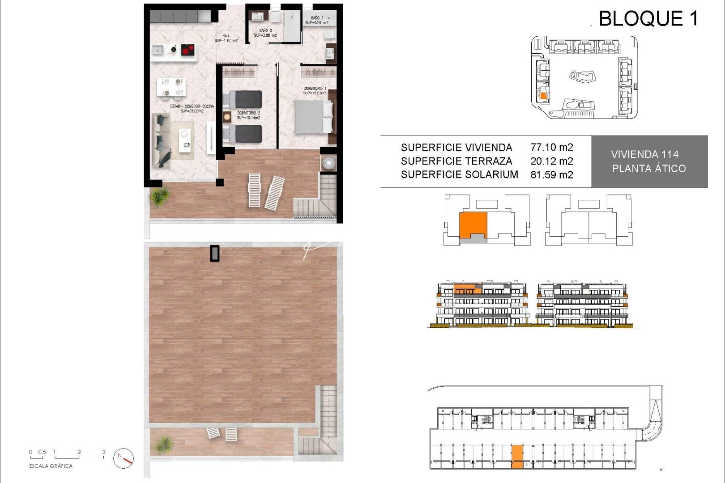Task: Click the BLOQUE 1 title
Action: tap(648, 19)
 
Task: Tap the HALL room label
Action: tap(226, 38)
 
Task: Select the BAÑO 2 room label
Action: tap(265, 33)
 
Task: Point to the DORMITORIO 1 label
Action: tap(315, 91)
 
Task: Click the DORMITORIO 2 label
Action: tap(248, 115)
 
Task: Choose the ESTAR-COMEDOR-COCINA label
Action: tap(192, 108)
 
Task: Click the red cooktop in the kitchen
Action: tap(188, 50)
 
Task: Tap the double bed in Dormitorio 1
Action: tap(313, 117)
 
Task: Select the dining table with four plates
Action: tap(171, 87)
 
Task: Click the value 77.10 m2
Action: tap(551, 147)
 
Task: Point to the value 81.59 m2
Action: tap(551, 175)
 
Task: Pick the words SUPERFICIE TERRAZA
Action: tap(456, 161)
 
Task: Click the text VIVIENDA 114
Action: tap(644, 154)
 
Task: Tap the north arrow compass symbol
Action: tap(124, 458)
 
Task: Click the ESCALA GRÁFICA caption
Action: tap(51, 466)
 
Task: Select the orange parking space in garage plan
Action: tap(517, 456)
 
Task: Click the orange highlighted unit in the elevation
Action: tap(468, 289)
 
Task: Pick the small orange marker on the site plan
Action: tap(543, 95)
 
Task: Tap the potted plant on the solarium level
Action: tap(163, 445)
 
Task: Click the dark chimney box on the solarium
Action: tap(215, 253)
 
